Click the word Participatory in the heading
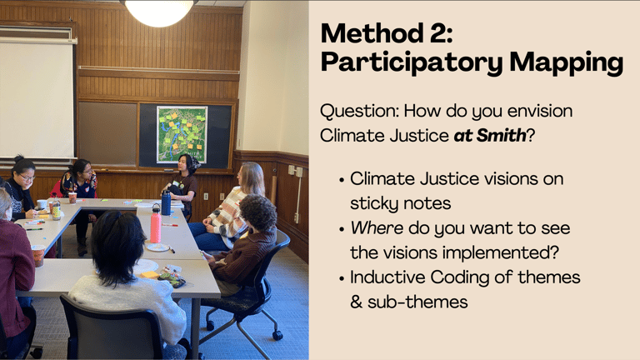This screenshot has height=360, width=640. (412, 62)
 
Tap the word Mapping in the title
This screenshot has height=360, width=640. (567, 62)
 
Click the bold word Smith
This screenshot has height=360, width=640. (501, 136)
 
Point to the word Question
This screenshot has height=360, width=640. (359, 111)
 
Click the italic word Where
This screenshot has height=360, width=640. (377, 228)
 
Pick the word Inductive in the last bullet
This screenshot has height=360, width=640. (387, 277)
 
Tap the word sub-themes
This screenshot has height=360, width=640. (417, 302)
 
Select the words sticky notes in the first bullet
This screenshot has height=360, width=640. (400, 203)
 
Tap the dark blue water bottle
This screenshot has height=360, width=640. (166, 202)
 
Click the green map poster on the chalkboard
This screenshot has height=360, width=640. (182, 134)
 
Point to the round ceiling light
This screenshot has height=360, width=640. (159, 12)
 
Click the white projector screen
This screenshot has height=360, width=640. (37, 98)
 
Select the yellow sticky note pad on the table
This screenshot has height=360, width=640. (150, 275)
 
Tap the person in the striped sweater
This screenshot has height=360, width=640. (231, 206)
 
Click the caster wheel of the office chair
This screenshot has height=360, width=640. (277, 336)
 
